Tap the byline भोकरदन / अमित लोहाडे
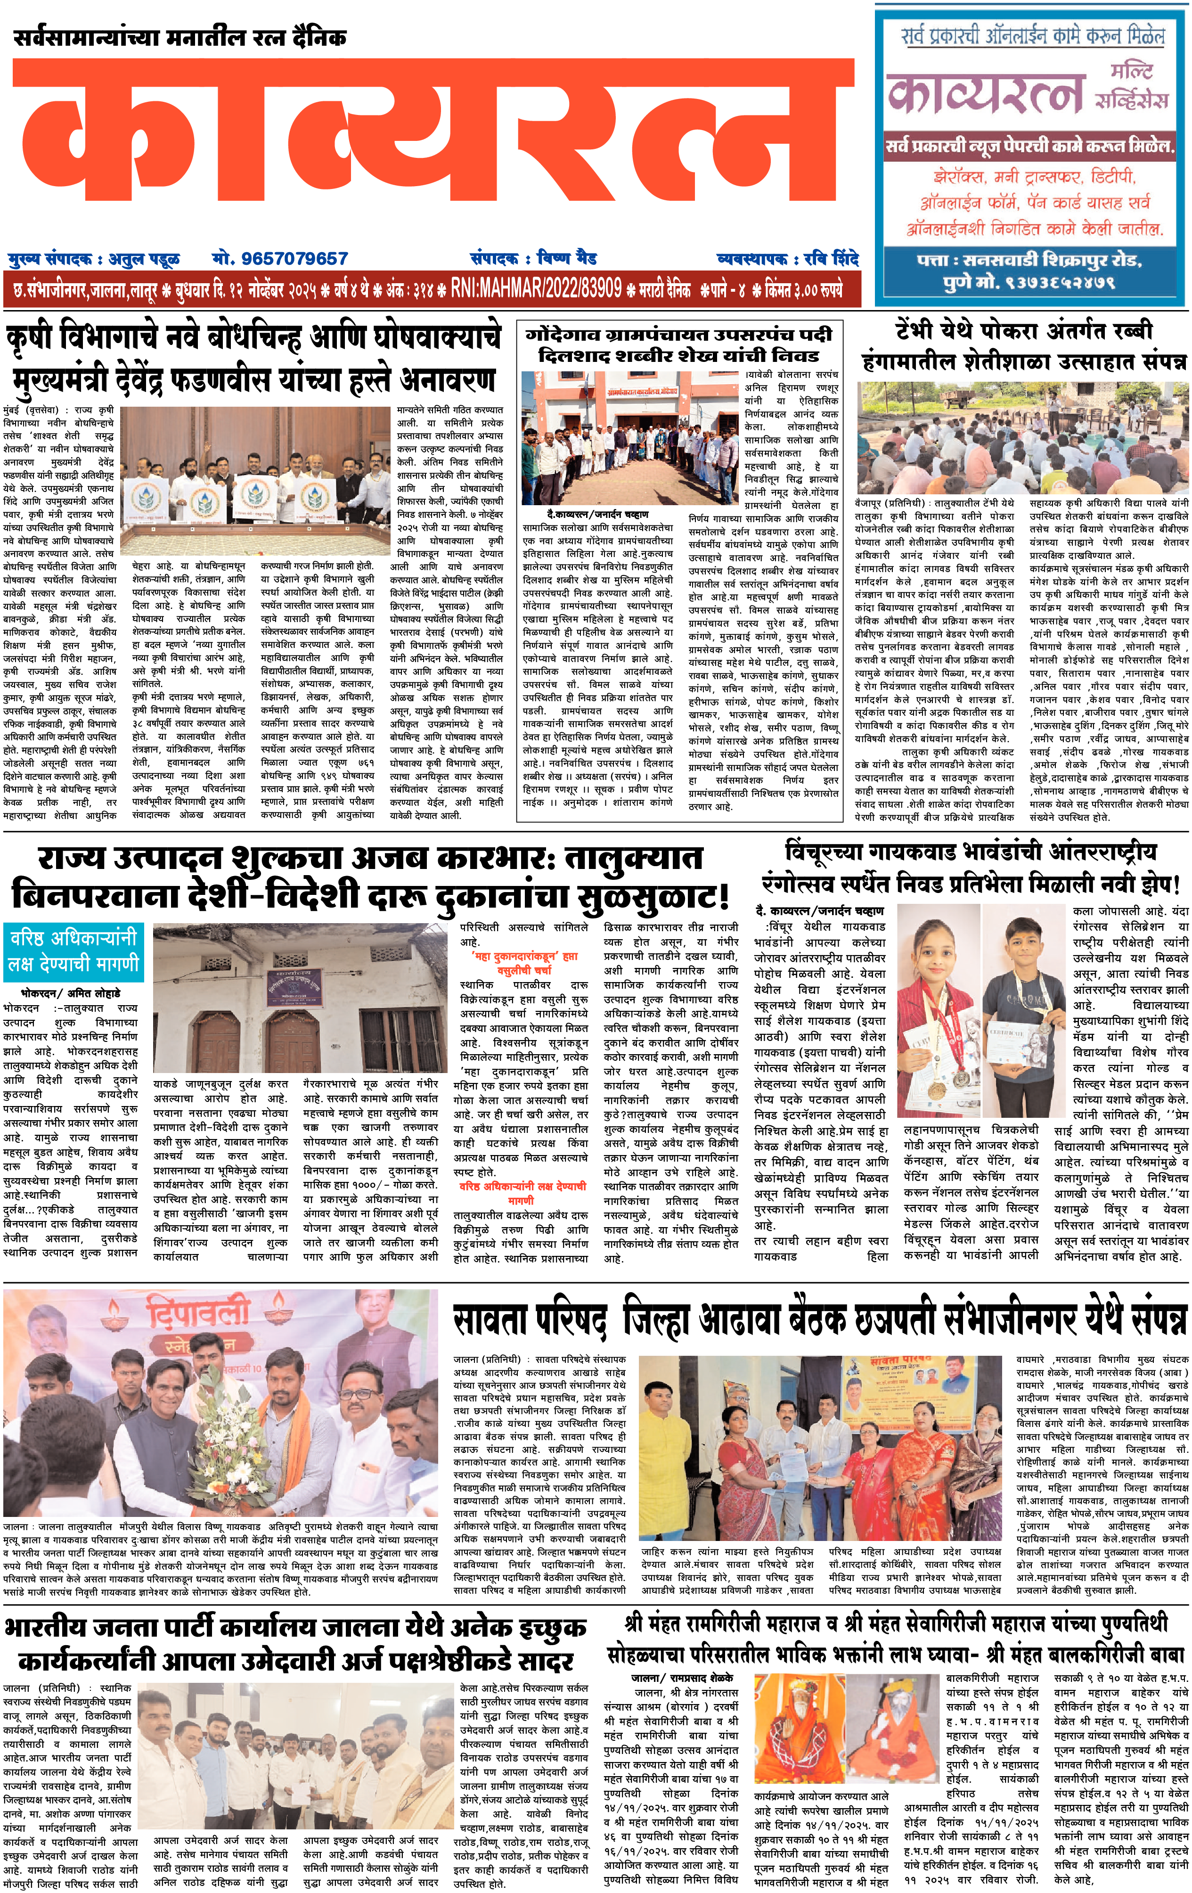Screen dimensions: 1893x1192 71,993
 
